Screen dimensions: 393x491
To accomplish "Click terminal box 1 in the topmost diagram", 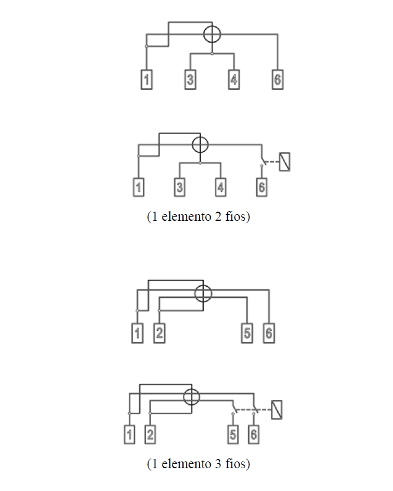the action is (x=147, y=79).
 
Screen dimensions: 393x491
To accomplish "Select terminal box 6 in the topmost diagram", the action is (x=278, y=79).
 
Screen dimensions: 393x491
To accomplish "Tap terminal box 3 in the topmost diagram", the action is (x=190, y=79).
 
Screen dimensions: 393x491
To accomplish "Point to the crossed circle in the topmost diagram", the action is (x=212, y=34).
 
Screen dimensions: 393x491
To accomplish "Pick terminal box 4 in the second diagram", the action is (x=221, y=187).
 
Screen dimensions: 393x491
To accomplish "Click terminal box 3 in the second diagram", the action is (x=180, y=187).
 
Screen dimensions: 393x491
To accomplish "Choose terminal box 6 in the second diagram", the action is (x=262, y=187).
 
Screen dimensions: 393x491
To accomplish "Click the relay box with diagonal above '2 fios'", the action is (x=285, y=162).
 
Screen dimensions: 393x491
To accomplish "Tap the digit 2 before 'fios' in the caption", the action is (x=218, y=217).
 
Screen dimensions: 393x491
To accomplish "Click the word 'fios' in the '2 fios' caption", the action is (x=235, y=217).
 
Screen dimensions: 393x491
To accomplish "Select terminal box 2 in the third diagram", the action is (x=159, y=333).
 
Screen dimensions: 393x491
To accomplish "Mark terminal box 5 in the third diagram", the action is (x=247, y=333).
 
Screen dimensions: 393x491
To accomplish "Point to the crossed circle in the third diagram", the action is (x=203, y=293).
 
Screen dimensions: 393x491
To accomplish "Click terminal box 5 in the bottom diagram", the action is (x=233, y=434).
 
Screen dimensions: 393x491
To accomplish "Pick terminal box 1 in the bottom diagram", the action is (x=129, y=434).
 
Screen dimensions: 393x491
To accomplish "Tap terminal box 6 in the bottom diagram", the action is (x=254, y=434).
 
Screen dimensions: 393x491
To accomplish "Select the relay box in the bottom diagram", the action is (x=277, y=410).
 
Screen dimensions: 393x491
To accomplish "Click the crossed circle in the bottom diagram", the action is (x=192, y=397).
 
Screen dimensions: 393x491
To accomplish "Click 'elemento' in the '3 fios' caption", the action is (x=187, y=464).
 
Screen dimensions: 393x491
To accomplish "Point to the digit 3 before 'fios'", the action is (x=218, y=464).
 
